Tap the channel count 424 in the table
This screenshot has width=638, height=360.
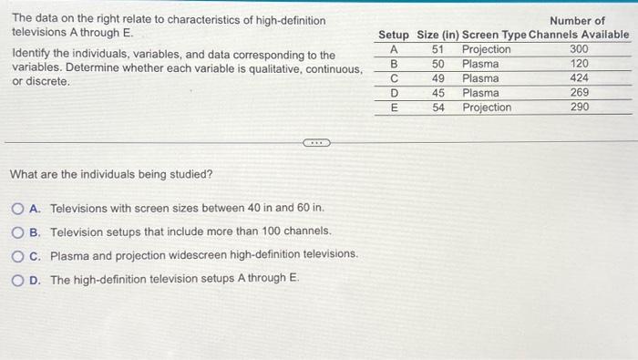tap(579, 78)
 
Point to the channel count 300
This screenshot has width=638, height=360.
tap(579, 49)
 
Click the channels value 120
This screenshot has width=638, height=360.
tap(579, 64)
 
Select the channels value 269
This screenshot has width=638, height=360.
tap(579, 93)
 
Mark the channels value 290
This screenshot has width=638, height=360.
tap(579, 108)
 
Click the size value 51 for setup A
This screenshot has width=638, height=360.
tap(437, 49)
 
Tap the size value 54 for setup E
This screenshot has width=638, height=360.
tap(438, 108)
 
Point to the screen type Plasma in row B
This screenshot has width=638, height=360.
tap(480, 64)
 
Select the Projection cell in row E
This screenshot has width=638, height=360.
tap(487, 108)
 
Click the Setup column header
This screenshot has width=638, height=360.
tap(394, 35)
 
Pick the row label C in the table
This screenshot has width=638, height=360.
tap(394, 78)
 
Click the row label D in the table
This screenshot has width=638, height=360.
tap(394, 93)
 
